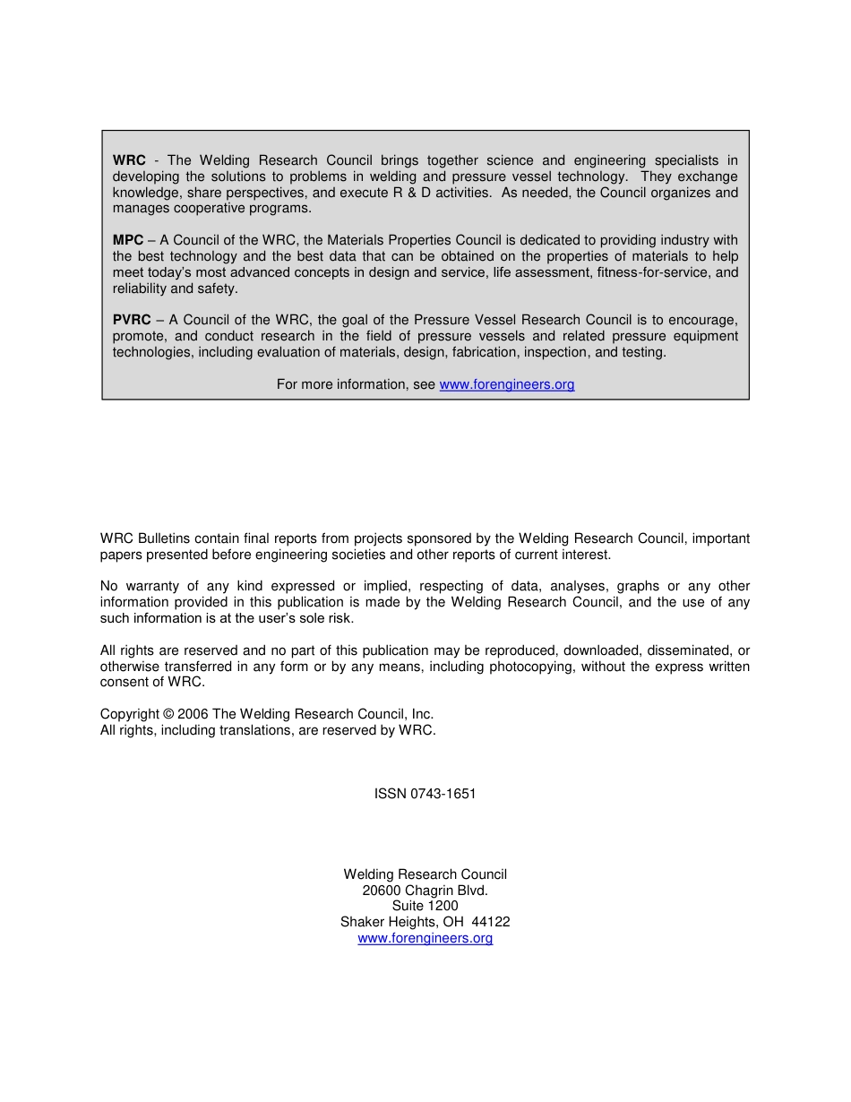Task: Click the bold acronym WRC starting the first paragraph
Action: click(x=129, y=160)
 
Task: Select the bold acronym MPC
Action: click(x=128, y=240)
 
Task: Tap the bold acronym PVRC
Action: click(x=132, y=320)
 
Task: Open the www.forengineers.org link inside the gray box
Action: click(x=507, y=384)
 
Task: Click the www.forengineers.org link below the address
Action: click(x=425, y=938)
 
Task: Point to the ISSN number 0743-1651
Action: click(x=443, y=794)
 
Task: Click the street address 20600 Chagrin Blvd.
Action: click(x=425, y=891)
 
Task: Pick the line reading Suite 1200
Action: click(x=425, y=906)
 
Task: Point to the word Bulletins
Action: click(x=165, y=538)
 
